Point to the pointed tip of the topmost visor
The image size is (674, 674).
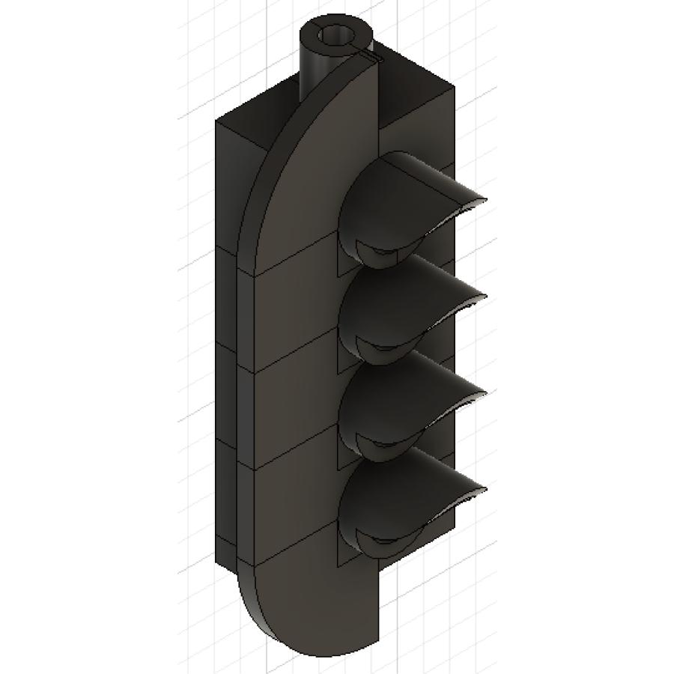pos(485,201)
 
